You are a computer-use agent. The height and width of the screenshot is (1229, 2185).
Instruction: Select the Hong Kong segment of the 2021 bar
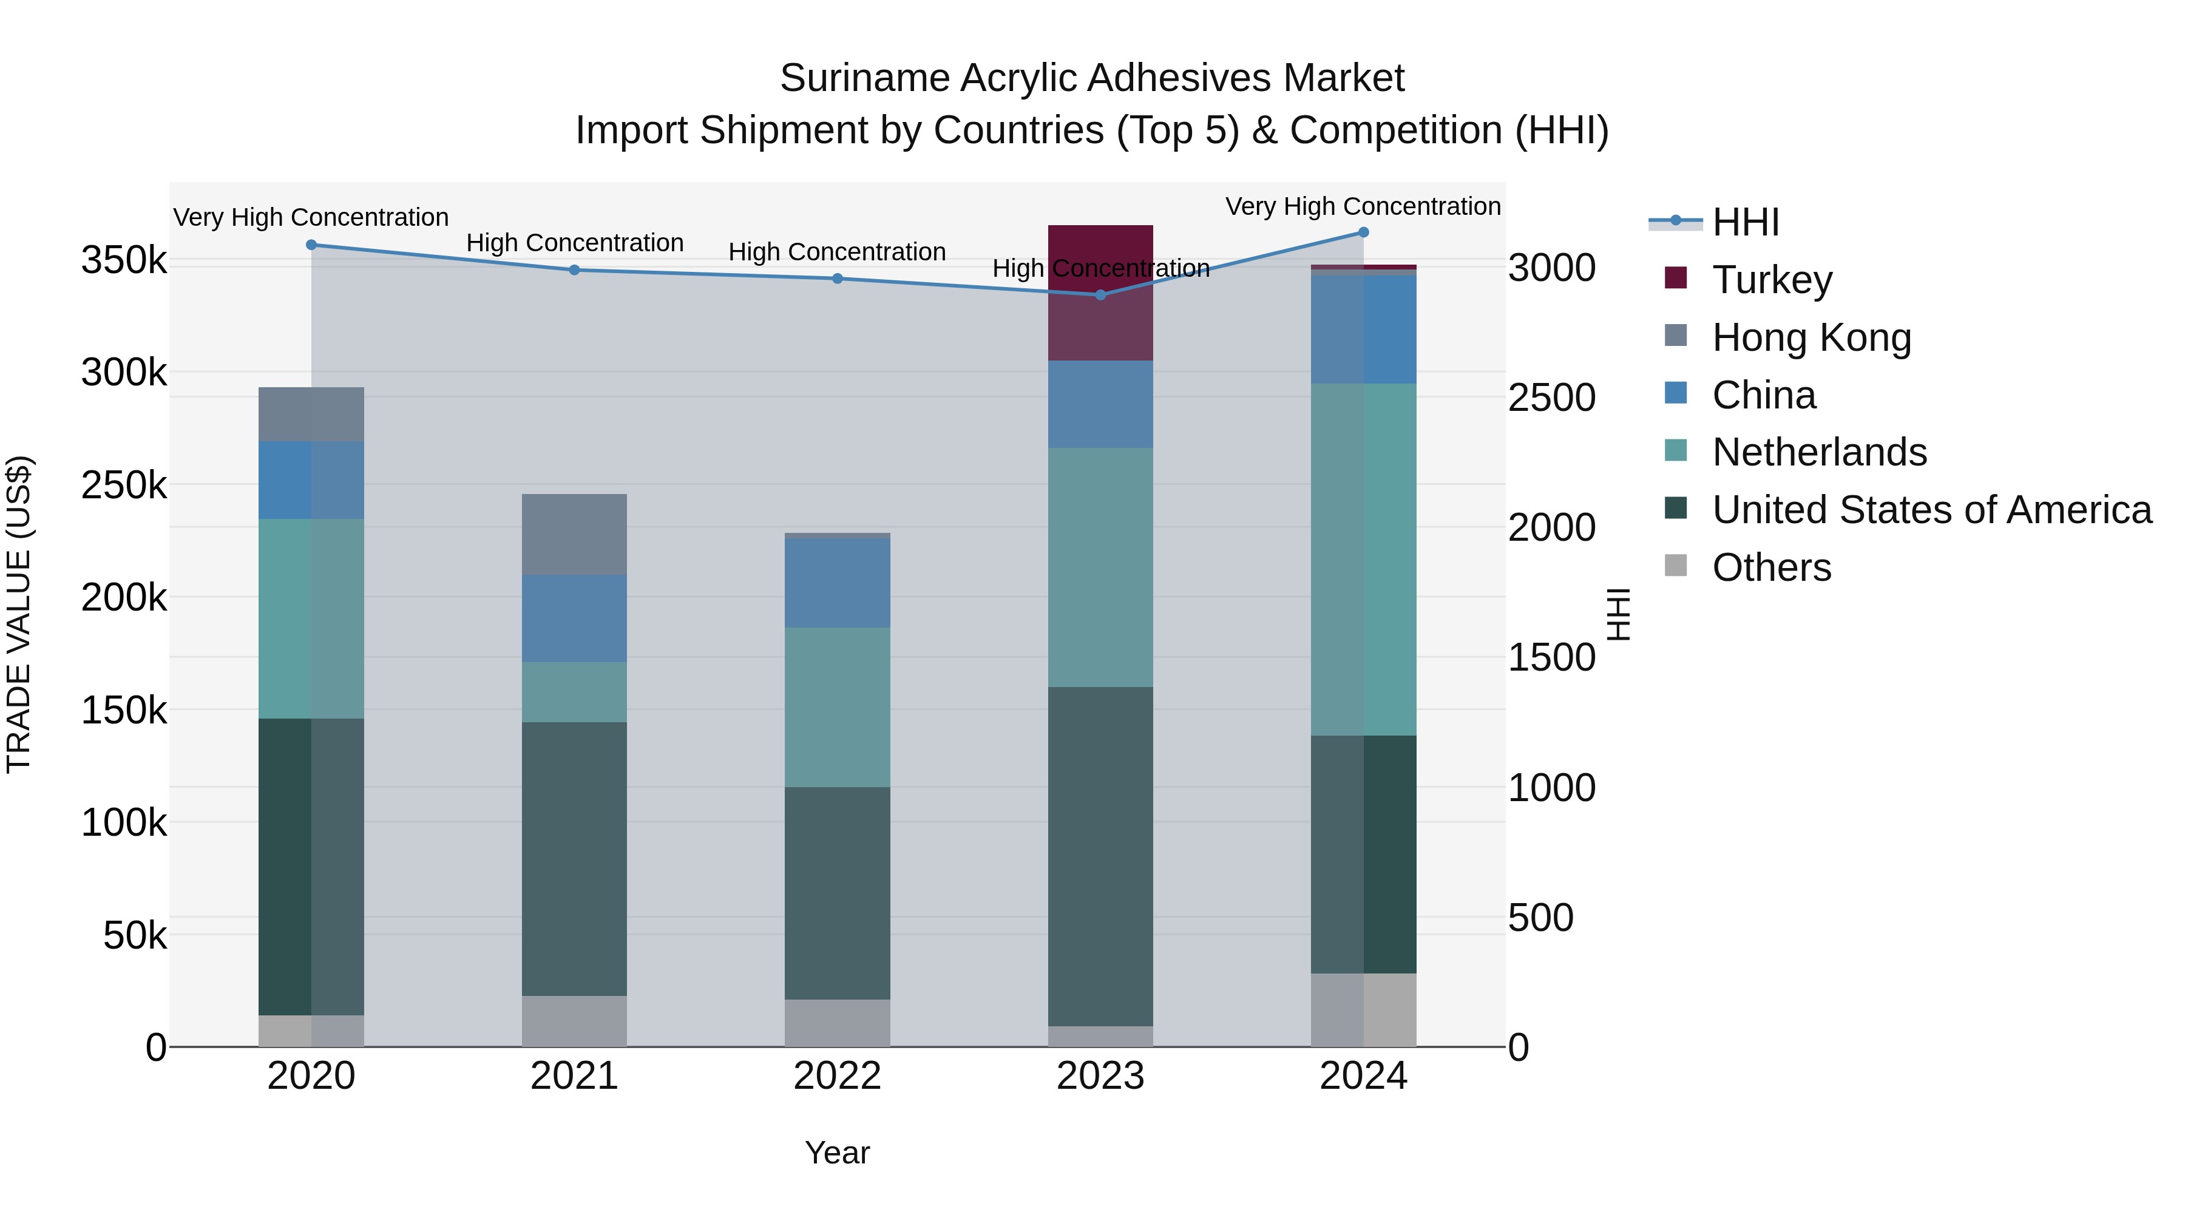(x=574, y=533)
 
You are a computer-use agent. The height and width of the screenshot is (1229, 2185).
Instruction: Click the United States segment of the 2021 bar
(x=574, y=858)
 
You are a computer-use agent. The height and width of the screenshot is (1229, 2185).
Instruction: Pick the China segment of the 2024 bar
(x=1363, y=329)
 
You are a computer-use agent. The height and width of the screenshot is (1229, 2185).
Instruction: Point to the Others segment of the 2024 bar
(x=1363, y=1009)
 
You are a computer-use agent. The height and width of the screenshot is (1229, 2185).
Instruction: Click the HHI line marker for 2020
(x=311, y=245)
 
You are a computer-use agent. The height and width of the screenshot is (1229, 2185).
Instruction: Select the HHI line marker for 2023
(x=1100, y=295)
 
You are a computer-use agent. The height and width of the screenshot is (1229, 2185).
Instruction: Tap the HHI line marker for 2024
(x=1363, y=232)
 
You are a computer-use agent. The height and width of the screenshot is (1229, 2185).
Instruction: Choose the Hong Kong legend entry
(x=1811, y=337)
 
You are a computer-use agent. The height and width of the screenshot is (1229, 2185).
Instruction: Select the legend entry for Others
(x=1771, y=567)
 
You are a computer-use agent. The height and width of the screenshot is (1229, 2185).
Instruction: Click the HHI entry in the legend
(x=1745, y=222)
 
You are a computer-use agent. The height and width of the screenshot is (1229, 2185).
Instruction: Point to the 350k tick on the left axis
(x=124, y=260)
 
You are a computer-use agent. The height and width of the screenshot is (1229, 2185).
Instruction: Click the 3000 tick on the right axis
(x=1551, y=268)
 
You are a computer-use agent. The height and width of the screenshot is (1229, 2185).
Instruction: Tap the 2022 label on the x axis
(x=837, y=1076)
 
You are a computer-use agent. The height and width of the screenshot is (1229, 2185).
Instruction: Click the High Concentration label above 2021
(x=574, y=243)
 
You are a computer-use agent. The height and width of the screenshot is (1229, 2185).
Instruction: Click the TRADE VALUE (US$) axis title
(x=19, y=614)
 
